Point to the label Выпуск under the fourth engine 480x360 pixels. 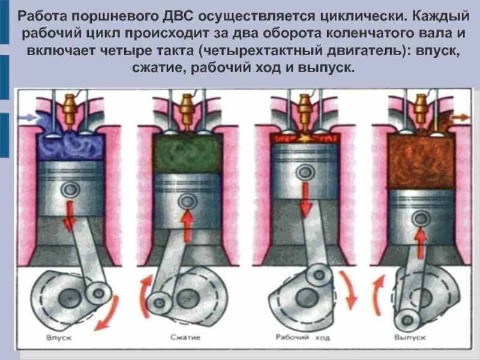(410, 338)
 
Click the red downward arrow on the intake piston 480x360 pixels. (70, 218)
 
